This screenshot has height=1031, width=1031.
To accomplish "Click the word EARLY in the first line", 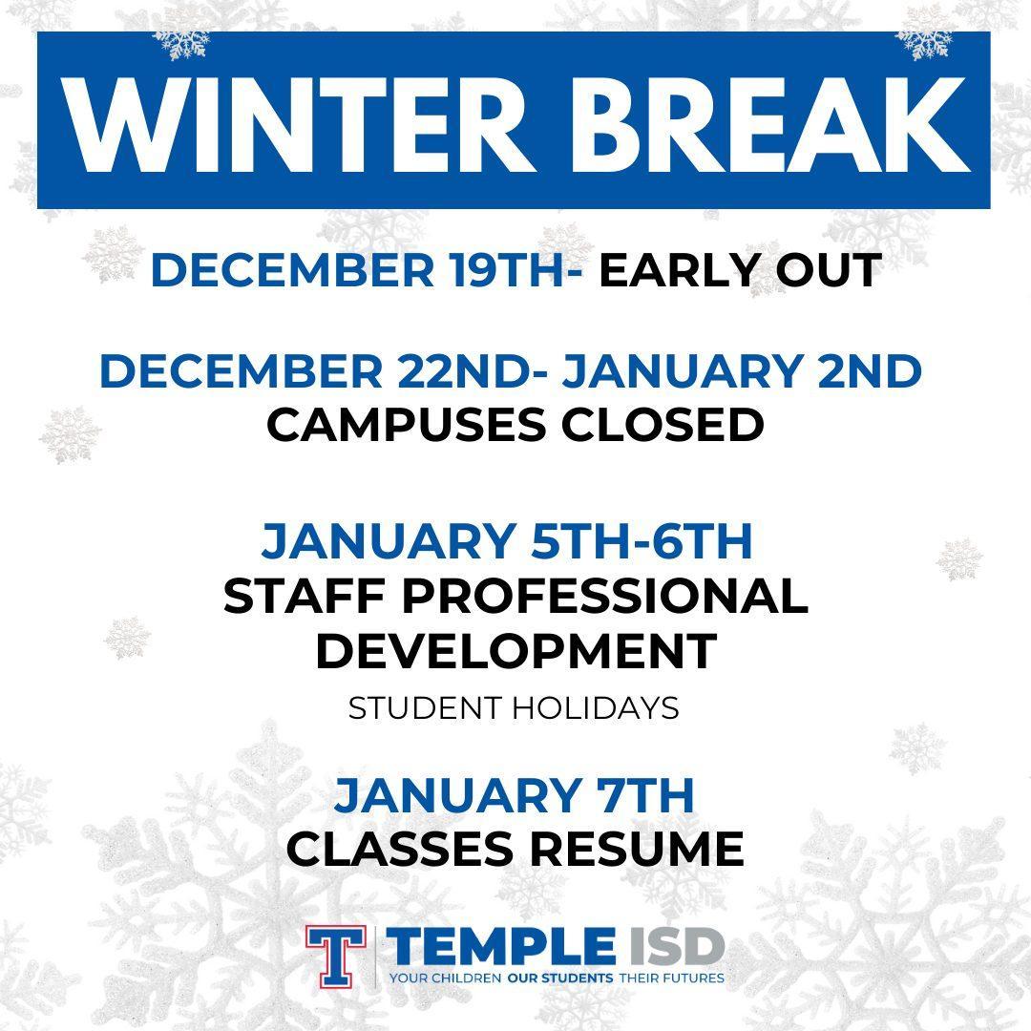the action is (678, 269).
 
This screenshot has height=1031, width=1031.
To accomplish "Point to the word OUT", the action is (830, 269).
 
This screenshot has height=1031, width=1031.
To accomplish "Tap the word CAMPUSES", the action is (407, 424).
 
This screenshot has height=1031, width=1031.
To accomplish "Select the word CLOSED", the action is (663, 424).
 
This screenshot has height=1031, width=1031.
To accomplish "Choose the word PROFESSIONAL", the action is (605, 596).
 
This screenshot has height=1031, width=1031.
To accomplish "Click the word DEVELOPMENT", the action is (516, 650).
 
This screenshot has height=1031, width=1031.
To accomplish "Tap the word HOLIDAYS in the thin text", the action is (595, 708).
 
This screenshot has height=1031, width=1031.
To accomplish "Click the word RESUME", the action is (637, 849).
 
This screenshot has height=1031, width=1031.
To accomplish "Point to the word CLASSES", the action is (400, 849).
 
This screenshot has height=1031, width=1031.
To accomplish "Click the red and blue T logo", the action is (335, 957).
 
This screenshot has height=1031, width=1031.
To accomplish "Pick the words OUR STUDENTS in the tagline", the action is (560, 978).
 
